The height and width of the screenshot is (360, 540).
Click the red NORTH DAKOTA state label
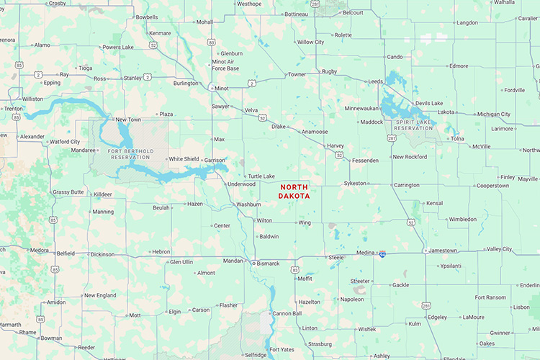(x=294, y=191)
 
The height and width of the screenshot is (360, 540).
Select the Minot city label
(x=222, y=89)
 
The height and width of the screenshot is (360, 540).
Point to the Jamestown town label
(x=443, y=251)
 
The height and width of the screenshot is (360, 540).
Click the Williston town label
(x=32, y=99)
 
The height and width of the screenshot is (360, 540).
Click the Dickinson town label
(x=102, y=254)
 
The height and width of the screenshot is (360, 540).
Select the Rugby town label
(x=330, y=71)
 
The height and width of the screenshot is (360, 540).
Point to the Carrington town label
(x=407, y=185)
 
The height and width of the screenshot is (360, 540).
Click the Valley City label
(x=499, y=249)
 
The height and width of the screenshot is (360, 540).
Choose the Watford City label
(x=64, y=142)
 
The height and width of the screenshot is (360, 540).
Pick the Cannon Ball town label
(x=287, y=313)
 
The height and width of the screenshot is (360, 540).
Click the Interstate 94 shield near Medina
(x=382, y=253)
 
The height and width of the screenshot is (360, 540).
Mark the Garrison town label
(x=215, y=160)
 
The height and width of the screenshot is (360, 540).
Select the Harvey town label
(x=336, y=145)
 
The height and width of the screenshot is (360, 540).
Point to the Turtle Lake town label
(x=261, y=176)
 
